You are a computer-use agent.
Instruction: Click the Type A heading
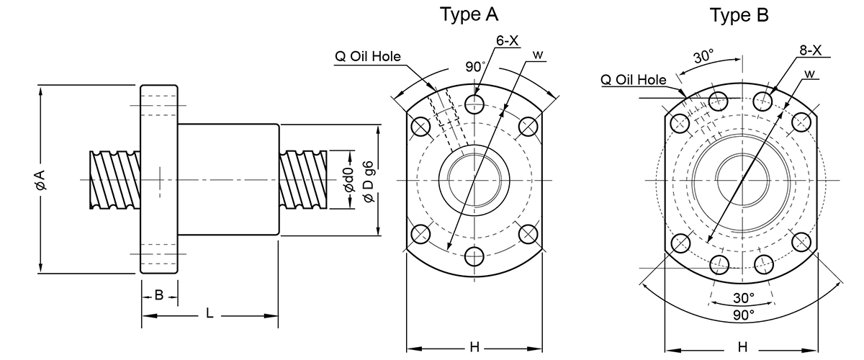pyautogui.click(x=469, y=14)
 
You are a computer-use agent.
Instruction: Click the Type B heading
pyautogui.click(x=739, y=15)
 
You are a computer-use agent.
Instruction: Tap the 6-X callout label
pyautogui.click(x=507, y=40)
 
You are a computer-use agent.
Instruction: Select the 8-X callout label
pyautogui.click(x=811, y=50)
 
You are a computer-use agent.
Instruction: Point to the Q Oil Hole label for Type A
pyautogui.click(x=368, y=56)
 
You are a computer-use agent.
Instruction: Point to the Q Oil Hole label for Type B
pyautogui.click(x=634, y=80)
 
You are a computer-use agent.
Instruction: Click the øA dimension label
pyautogui.click(x=40, y=180)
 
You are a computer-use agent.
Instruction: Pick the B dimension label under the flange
pyautogui.click(x=159, y=295)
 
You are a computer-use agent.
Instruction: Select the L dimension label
pyautogui.click(x=210, y=313)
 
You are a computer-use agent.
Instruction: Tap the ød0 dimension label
pyautogui.click(x=348, y=180)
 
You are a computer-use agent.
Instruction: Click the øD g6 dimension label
pyautogui.click(x=369, y=181)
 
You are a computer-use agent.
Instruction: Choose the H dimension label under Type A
pyautogui.click(x=474, y=347)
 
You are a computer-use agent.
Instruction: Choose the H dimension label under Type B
pyautogui.click(x=742, y=347)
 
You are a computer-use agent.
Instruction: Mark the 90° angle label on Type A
pyautogui.click(x=474, y=67)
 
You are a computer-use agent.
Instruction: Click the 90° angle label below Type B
pyautogui.click(x=743, y=315)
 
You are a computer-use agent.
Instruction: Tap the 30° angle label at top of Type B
pyautogui.click(x=704, y=57)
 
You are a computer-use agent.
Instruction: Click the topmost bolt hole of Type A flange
pyautogui.click(x=474, y=104)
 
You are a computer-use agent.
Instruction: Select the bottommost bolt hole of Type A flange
pyautogui.click(x=474, y=256)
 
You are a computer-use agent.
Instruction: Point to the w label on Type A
pyautogui.click(x=538, y=55)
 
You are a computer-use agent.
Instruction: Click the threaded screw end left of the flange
pyautogui.click(x=115, y=180)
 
